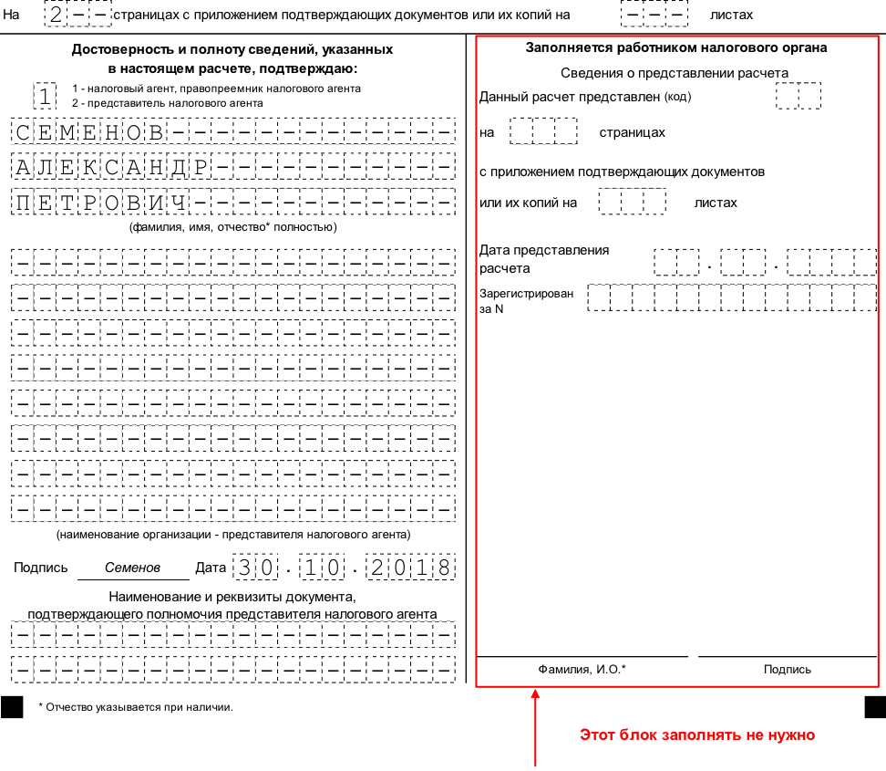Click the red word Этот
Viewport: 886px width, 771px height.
pyautogui.click(x=597, y=735)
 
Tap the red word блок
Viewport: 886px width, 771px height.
pyautogui.click(x=638, y=735)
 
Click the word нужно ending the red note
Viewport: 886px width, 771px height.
pyautogui.click(x=789, y=735)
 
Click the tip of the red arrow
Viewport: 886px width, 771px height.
pyautogui.click(x=535, y=689)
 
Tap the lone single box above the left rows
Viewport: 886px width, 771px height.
pyautogui.click(x=45, y=96)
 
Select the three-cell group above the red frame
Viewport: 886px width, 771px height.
pyautogui.click(x=654, y=14)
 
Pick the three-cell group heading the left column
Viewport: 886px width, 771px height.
pyautogui.click(x=77, y=14)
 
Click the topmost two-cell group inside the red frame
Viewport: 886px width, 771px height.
pyautogui.click(x=798, y=96)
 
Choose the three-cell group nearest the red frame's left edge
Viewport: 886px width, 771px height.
pyautogui.click(x=543, y=130)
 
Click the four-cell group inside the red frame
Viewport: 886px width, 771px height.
pyautogui.click(x=831, y=263)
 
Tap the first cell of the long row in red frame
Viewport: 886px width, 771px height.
pyautogui.click(x=598, y=297)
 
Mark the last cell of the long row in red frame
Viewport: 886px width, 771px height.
pyautogui.click(x=865, y=297)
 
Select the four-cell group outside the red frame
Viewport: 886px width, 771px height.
pyautogui.click(x=410, y=567)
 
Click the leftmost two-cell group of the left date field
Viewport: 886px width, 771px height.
pyautogui.click(x=255, y=567)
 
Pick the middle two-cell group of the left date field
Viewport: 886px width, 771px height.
pyautogui.click(x=322, y=567)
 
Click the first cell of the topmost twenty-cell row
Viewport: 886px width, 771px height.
pyautogui.click(x=23, y=130)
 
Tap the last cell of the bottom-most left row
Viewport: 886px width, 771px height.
pyautogui.click(x=444, y=670)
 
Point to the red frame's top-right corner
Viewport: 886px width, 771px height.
pyautogui.click(x=878, y=36)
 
